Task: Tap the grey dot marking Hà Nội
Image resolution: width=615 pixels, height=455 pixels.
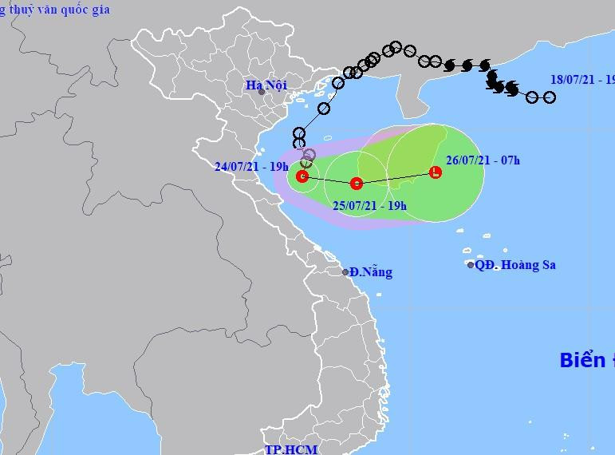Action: click(x=261, y=92)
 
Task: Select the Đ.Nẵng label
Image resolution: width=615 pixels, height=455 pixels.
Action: click(x=371, y=272)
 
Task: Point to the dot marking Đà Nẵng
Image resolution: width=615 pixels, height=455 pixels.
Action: click(x=345, y=272)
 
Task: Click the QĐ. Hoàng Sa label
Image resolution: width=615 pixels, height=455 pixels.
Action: click(x=515, y=265)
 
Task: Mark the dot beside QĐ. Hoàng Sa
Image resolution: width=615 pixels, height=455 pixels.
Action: click(x=471, y=265)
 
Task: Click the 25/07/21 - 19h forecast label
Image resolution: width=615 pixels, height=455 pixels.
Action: click(x=369, y=205)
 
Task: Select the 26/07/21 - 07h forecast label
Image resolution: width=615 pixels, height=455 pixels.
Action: click(x=484, y=160)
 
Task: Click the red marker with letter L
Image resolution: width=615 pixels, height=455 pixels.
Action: click(x=436, y=172)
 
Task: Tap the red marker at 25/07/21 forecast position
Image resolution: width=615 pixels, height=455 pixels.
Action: click(x=357, y=183)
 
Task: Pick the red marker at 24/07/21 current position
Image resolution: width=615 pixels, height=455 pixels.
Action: click(x=302, y=176)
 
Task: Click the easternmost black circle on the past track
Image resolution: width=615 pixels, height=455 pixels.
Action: click(x=549, y=97)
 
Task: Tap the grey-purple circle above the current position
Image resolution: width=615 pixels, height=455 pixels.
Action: click(x=309, y=153)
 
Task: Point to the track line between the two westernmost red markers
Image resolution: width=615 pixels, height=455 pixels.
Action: click(x=329, y=180)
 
